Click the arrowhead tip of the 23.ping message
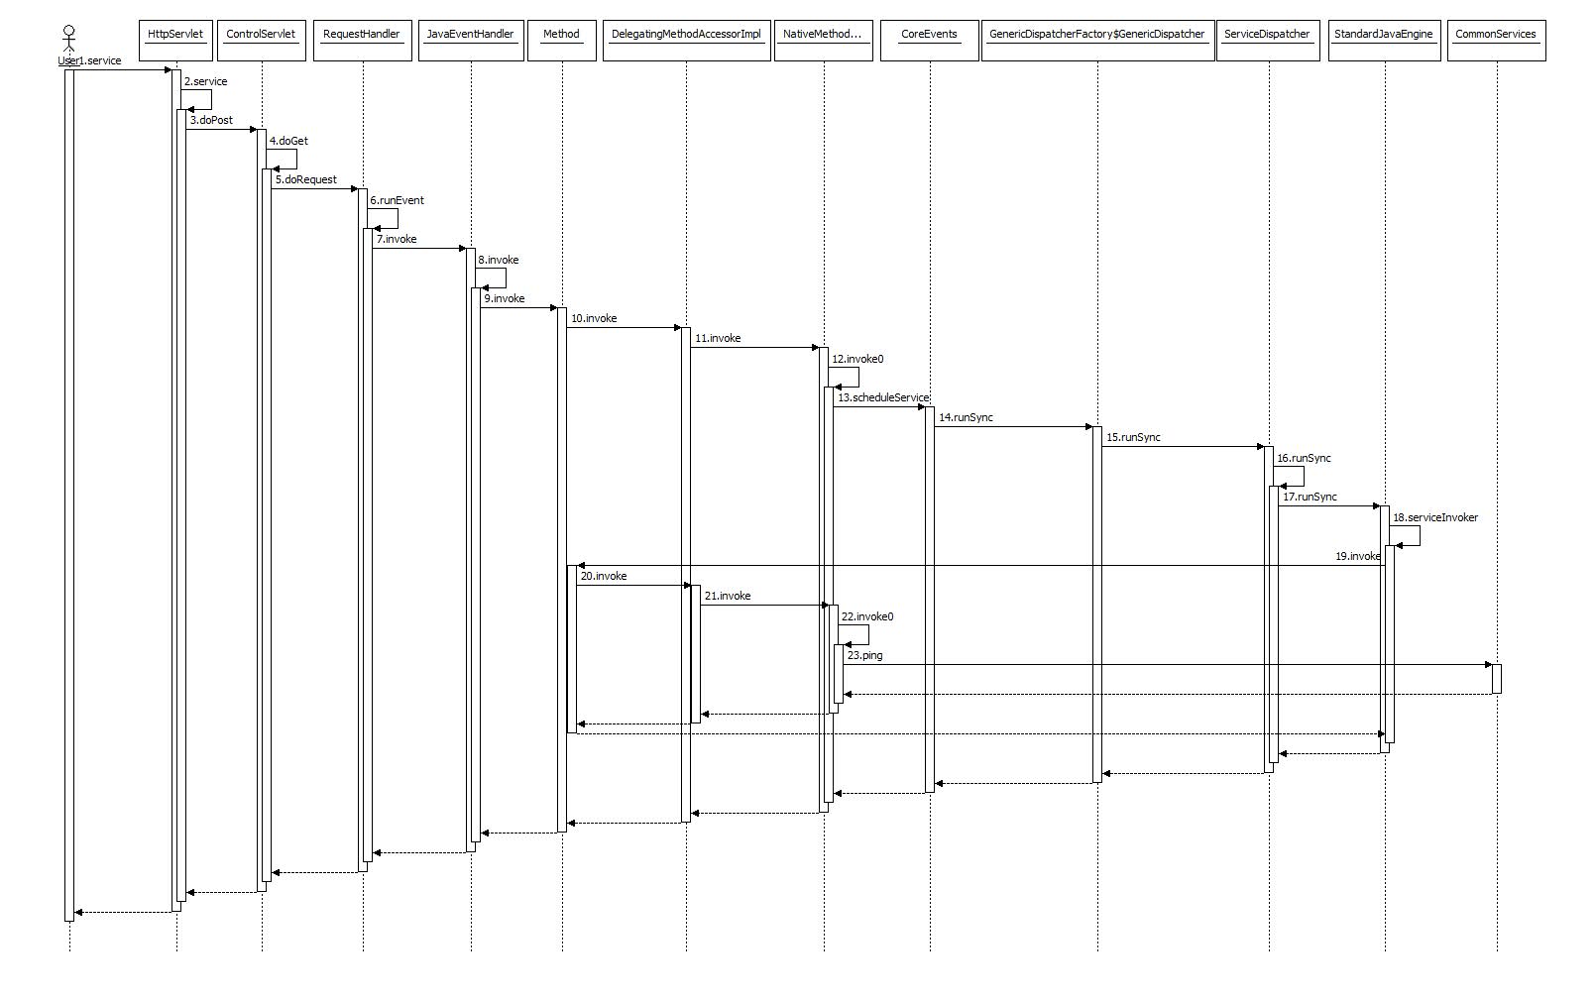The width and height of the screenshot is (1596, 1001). (1492, 665)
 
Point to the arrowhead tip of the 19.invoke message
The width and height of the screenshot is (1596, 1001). (577, 566)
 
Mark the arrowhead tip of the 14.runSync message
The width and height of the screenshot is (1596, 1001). (1092, 427)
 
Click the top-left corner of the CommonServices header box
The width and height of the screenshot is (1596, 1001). (1447, 21)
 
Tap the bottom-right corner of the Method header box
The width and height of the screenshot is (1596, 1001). (597, 61)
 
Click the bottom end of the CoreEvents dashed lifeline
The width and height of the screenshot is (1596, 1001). (930, 951)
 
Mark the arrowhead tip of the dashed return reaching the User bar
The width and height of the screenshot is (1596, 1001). (74, 912)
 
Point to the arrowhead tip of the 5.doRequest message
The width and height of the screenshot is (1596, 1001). (358, 188)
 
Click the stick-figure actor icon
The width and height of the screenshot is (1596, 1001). (69, 39)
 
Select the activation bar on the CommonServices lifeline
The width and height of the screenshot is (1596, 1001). (1497, 679)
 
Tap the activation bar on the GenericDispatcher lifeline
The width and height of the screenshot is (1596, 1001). (1097, 605)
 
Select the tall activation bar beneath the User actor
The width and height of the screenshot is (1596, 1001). (69, 496)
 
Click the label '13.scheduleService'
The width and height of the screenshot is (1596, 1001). (883, 397)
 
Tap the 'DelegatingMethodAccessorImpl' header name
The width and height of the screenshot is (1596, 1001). (686, 34)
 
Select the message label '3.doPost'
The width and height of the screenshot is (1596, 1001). (211, 120)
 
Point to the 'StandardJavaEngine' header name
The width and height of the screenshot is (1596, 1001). (1384, 34)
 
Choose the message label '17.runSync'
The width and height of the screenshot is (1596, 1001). (1310, 497)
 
